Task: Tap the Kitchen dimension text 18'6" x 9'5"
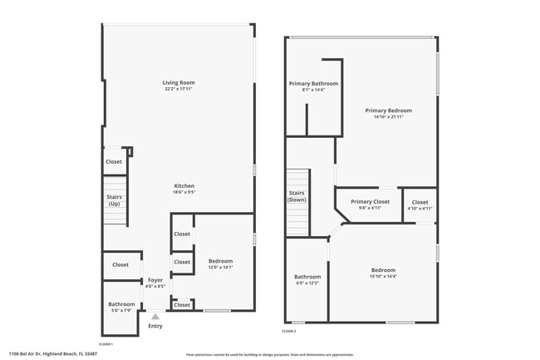point(184,192)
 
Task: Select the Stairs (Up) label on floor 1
point(114,200)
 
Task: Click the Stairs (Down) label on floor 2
point(297,197)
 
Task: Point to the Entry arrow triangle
point(155,317)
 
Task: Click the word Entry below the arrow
point(155,326)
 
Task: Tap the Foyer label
point(155,280)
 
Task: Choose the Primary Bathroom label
point(313,83)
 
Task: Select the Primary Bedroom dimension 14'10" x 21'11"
point(388,117)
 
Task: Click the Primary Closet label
point(370,201)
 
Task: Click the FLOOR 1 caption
point(106,343)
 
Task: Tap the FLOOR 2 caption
point(288,332)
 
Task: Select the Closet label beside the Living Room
point(114,162)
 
